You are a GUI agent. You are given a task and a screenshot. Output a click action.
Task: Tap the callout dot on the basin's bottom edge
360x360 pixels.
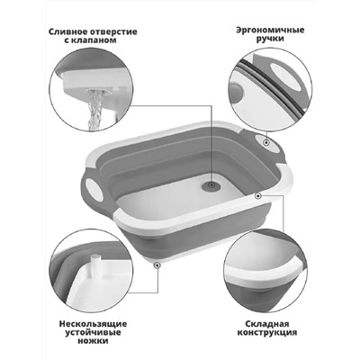point(157,264)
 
